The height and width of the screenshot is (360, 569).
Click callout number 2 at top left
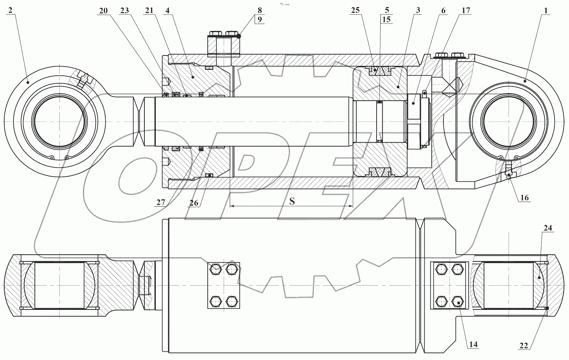tap(10, 10)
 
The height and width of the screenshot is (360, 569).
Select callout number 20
tap(103, 11)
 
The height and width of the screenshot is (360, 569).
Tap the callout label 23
tap(124, 11)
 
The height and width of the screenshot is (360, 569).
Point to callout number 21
tap(149, 11)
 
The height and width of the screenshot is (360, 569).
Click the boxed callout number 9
tap(260, 19)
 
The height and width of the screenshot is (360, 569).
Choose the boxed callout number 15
tap(387, 19)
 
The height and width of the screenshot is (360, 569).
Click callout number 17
tap(466, 11)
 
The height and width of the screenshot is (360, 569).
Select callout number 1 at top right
tap(545, 11)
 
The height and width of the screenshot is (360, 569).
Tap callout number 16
tap(525, 198)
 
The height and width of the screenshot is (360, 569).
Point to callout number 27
tap(160, 202)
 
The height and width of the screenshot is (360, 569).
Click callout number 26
tap(194, 202)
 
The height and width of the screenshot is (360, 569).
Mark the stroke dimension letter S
tap(292, 201)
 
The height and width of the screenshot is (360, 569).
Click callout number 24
tap(548, 228)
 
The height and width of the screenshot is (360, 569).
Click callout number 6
tap(443, 11)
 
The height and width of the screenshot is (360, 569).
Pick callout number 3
tap(418, 11)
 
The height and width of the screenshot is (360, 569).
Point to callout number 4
tap(167, 11)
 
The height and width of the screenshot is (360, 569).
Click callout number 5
tap(387, 10)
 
